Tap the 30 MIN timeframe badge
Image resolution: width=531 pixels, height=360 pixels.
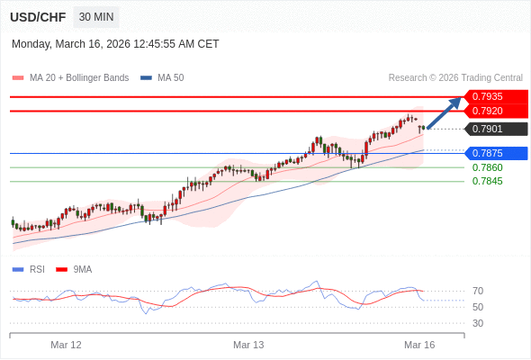pos(95,17)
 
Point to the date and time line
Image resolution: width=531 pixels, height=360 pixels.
pos(115,43)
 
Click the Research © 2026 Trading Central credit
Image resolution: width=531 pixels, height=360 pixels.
pos(455,77)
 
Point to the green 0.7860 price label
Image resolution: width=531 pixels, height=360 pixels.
pos(487,167)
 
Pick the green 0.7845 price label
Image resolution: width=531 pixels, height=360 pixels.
pos(487,181)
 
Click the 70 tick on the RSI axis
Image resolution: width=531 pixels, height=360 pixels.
pos(478,291)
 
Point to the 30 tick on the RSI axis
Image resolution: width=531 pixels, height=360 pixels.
pos(478,323)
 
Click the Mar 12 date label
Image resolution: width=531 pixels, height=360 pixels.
pos(66,345)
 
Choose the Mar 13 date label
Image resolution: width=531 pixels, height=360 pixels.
pos(248,345)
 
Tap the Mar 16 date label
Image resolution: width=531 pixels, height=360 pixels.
pos(419,345)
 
